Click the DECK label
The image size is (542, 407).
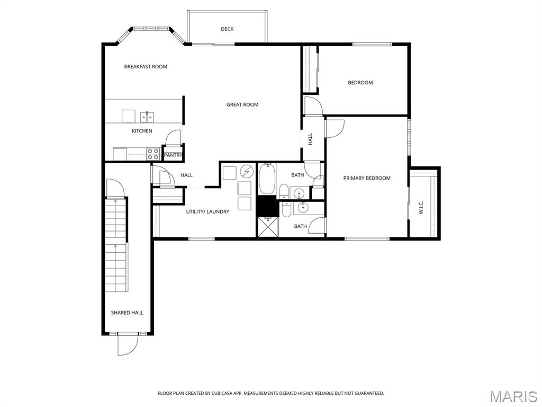pos(227,29)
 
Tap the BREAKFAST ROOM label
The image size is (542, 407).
pos(146,67)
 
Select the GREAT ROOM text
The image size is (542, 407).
pos(242,105)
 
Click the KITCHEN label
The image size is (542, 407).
pos(142,131)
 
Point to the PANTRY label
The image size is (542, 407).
pos(173,155)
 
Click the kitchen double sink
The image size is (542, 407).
pos(147,117)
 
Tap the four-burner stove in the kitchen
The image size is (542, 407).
pos(153,154)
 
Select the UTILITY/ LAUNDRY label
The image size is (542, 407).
pos(207,212)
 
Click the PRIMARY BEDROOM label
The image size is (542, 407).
pos(367,179)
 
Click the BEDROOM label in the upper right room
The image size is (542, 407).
pos(360,83)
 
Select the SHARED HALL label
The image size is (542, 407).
pos(127,313)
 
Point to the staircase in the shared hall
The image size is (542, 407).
pos(116,244)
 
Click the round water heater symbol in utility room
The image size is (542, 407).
pos(247,171)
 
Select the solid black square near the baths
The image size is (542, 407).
pos(267,206)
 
